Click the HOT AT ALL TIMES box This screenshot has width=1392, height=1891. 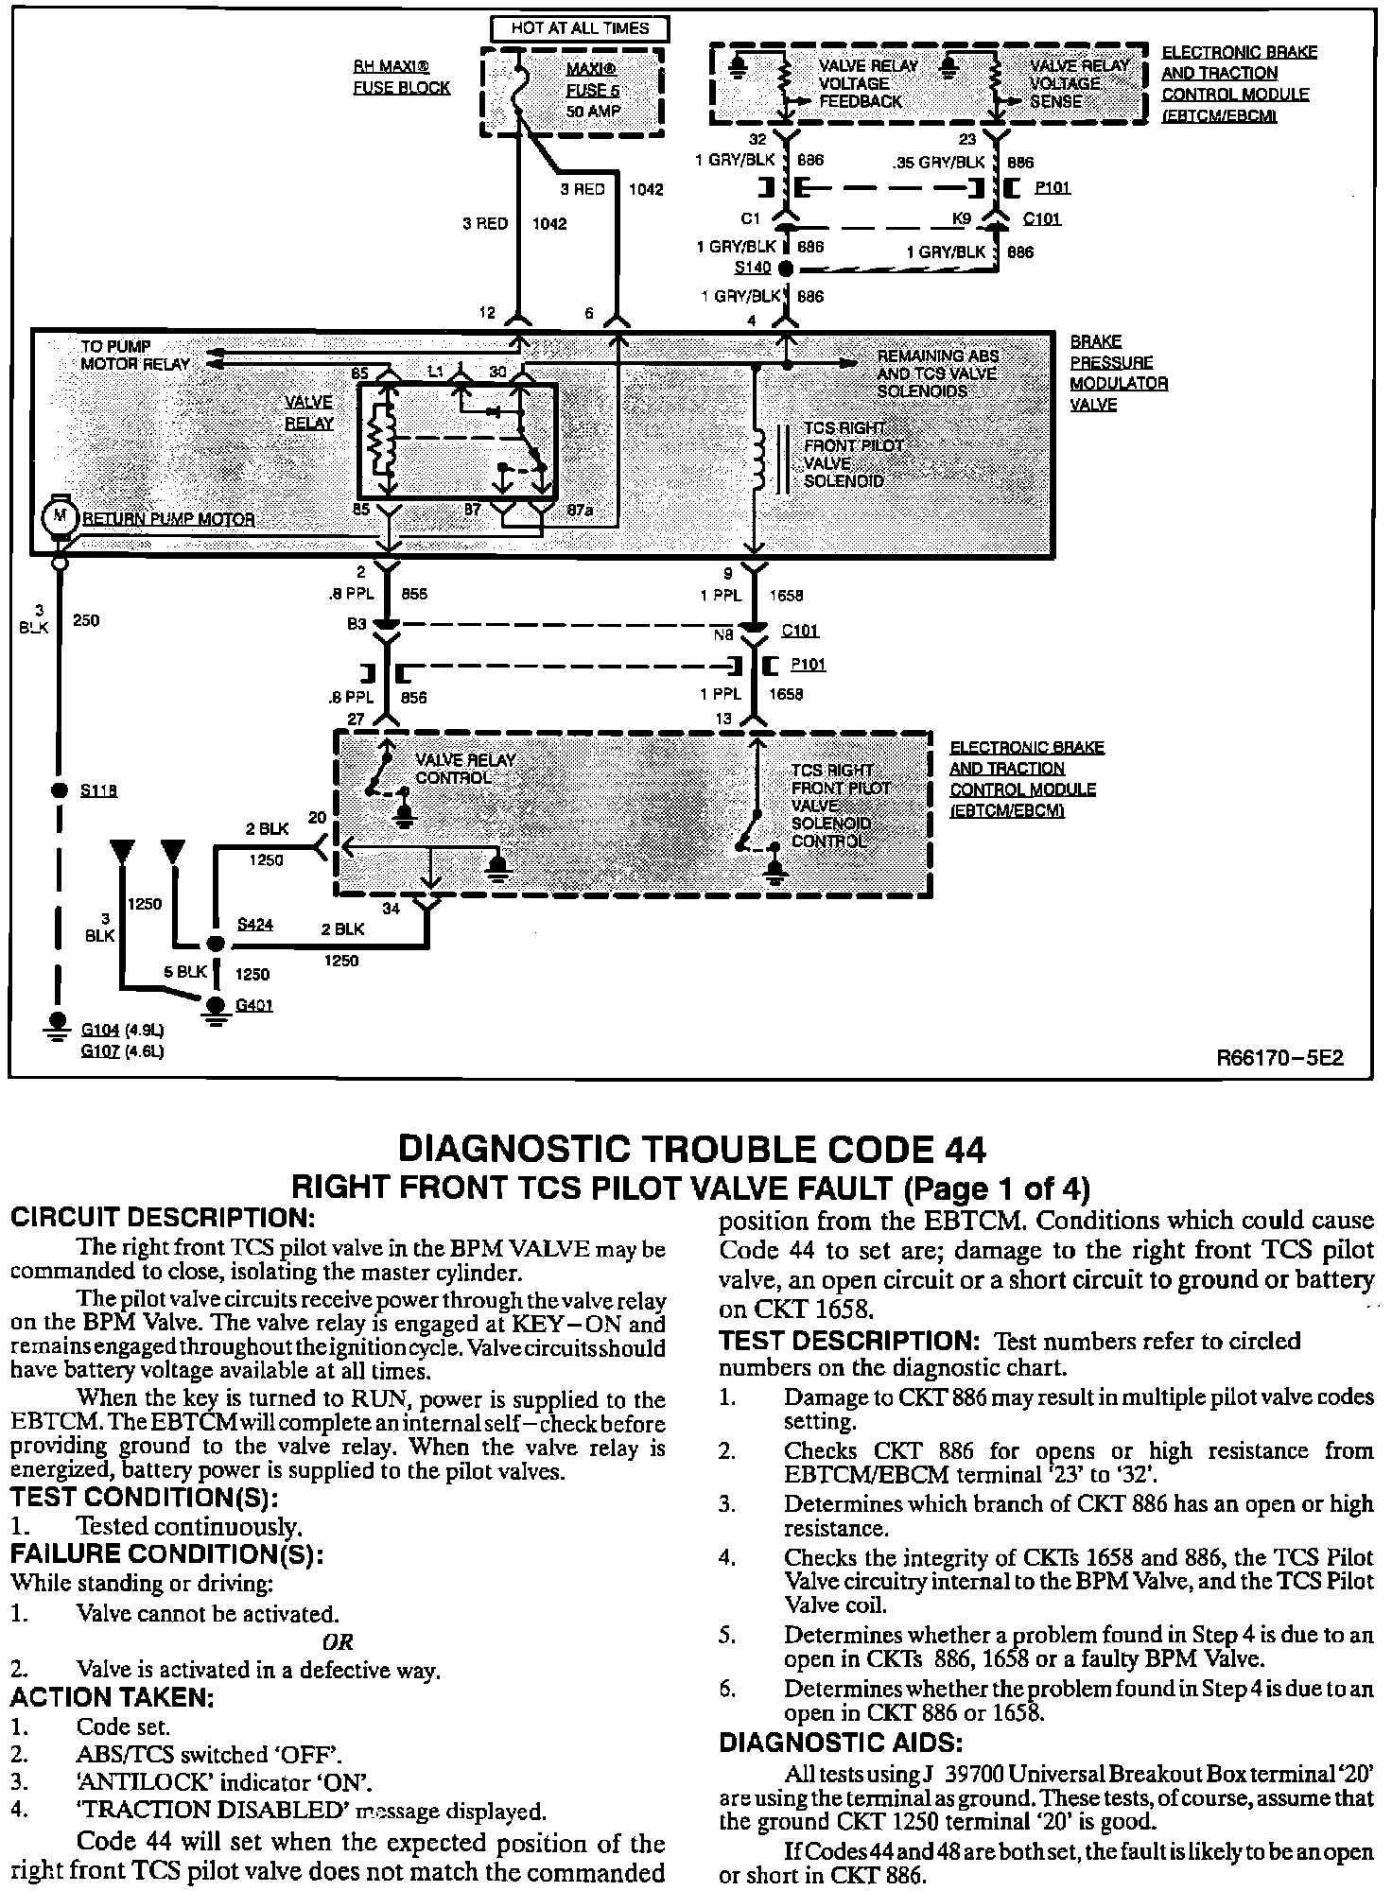pos(580,28)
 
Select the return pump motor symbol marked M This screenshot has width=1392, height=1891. pos(61,516)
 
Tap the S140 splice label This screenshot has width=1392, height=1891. pos(753,268)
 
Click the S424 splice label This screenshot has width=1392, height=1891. pos(255,925)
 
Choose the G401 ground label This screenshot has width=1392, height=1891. pos(254,1005)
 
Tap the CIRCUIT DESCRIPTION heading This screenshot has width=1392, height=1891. pos(162,1218)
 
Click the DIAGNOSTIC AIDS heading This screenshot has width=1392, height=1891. pos(841,1742)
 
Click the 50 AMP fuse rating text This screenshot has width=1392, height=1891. pos(593,111)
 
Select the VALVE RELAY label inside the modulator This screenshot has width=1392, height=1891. pos(309,413)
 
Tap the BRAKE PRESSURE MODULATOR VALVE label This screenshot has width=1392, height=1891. pos(1119,373)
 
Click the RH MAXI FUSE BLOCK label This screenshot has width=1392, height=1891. pos(402,78)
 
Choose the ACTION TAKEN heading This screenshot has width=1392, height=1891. pos(113,1697)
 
